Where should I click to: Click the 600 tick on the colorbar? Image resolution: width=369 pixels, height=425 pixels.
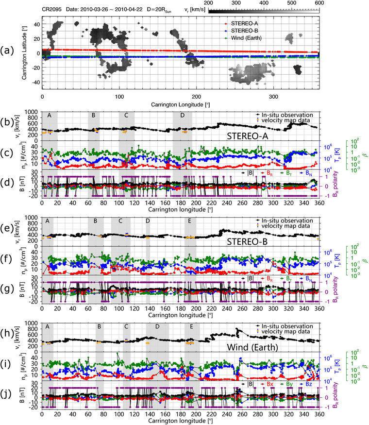pyautogui.click(x=319, y=3)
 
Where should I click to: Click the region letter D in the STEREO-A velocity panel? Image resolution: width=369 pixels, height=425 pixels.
pyautogui.click(x=182, y=116)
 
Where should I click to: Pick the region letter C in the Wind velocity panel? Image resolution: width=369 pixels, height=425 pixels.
pyautogui.click(x=126, y=327)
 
